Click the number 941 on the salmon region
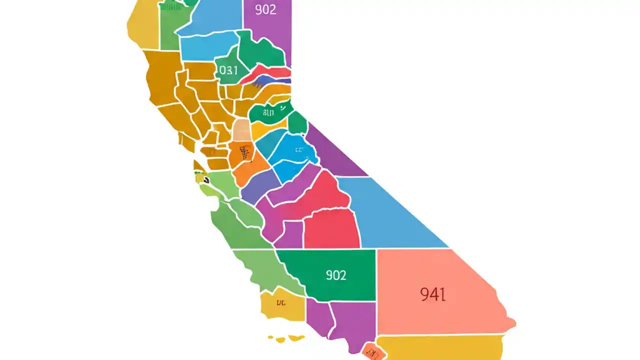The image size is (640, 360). point(432,294)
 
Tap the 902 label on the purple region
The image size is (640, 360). point(265,9)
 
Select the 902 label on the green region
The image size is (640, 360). point(336,275)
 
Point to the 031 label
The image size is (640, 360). point(228,70)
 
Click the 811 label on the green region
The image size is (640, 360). point(268,113)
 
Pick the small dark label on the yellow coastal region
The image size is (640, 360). point(281,302)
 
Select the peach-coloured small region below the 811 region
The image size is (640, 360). point(241,130)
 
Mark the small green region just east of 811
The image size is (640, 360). point(297,122)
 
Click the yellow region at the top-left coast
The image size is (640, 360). point(142,25)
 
